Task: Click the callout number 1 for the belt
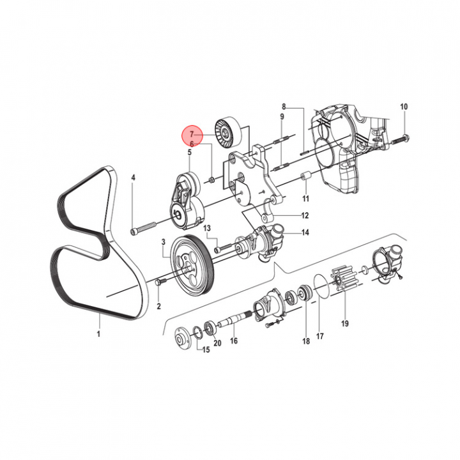pos(98,333)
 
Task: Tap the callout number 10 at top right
pos(404,107)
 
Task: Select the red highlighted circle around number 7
pos(192,135)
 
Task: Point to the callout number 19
pos(345,323)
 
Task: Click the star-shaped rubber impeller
pos(345,279)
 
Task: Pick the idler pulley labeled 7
pos(228,131)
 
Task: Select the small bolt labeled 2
pos(160,281)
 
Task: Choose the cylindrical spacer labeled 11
pos(305,177)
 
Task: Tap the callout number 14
pos(305,233)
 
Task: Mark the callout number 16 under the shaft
pos(234,341)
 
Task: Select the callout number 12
pos(305,216)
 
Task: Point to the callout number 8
pos(284,106)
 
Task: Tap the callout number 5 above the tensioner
pos(189,152)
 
